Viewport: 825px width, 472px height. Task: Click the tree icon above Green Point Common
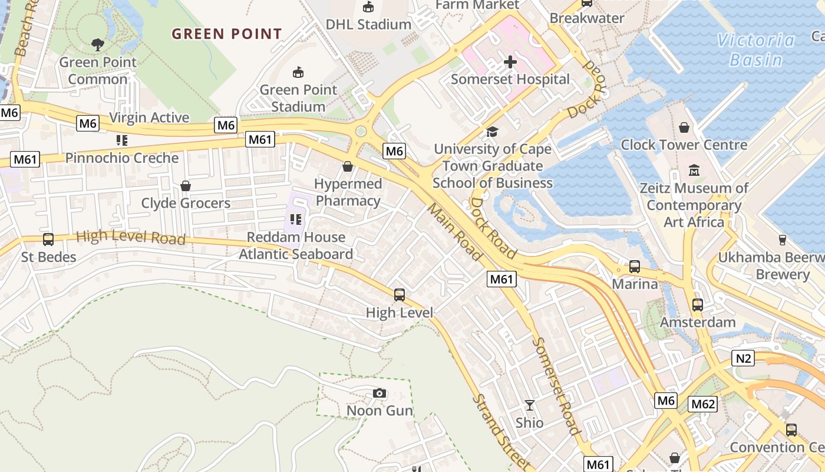(98, 44)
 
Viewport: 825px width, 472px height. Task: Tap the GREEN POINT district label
(227, 34)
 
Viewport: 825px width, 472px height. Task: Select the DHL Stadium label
(369, 24)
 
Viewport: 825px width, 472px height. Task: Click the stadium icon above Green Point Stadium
(299, 73)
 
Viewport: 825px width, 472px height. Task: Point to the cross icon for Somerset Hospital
(510, 62)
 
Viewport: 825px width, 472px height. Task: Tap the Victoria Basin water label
(756, 50)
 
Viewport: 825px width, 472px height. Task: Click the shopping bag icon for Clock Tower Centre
(684, 127)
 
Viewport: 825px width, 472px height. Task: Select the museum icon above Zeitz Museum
(694, 171)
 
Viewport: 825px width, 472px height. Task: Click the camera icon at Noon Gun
(379, 393)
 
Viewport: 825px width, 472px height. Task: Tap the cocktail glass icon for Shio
(530, 405)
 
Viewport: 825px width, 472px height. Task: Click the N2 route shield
(744, 358)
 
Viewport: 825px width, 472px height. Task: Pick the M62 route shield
(702, 404)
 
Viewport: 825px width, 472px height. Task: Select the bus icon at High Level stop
(400, 295)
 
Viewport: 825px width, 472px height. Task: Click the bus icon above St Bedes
(48, 240)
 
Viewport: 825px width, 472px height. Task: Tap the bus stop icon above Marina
(635, 267)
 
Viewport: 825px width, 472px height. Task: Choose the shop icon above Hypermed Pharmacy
(348, 166)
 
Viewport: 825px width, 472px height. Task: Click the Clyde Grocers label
(186, 204)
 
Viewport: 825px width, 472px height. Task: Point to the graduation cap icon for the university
(492, 132)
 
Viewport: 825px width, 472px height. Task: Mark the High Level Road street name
(131, 238)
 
